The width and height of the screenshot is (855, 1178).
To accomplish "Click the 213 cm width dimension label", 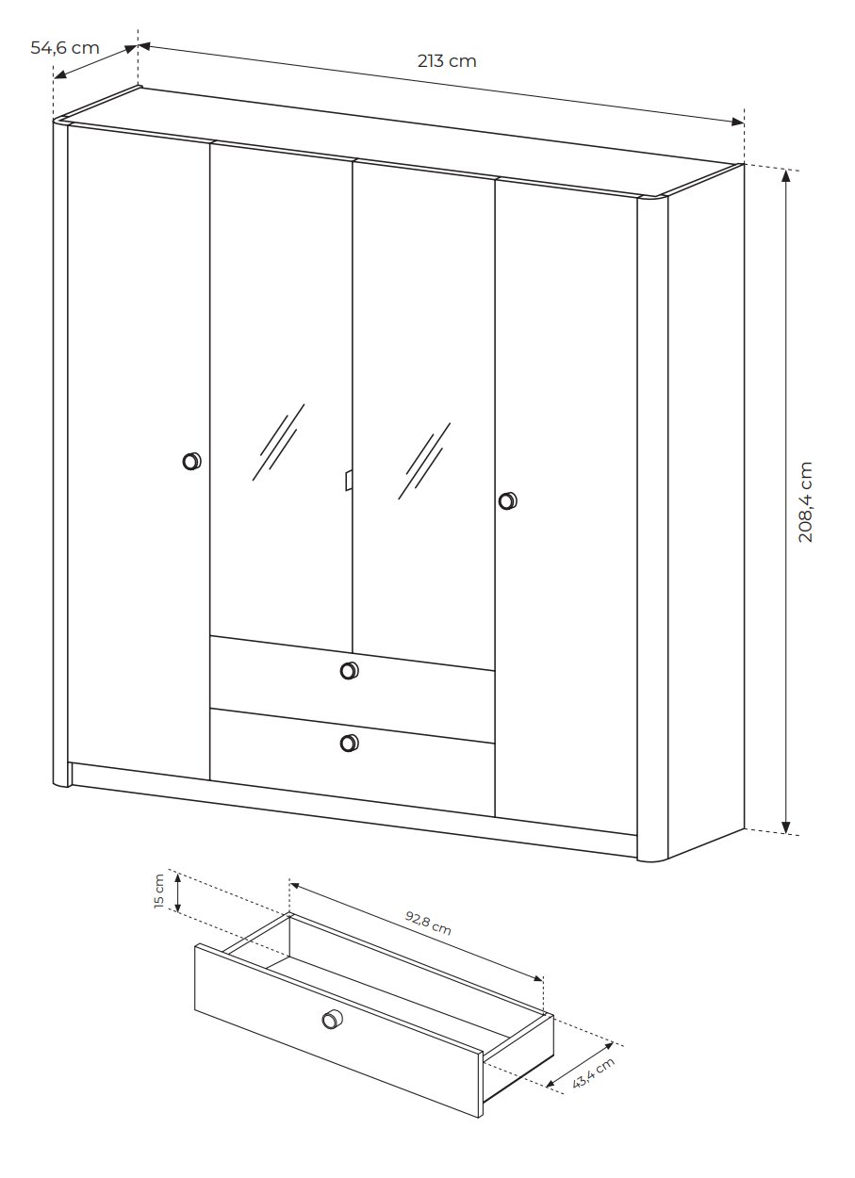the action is pyautogui.click(x=447, y=61).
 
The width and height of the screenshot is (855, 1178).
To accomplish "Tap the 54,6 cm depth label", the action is pyautogui.click(x=65, y=48).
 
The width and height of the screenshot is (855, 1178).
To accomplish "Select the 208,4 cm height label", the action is pyautogui.click(x=806, y=501).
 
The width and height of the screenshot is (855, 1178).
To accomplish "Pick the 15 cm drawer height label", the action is pyautogui.click(x=159, y=891).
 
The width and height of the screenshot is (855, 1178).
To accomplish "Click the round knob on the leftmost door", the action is pyautogui.click(x=191, y=461).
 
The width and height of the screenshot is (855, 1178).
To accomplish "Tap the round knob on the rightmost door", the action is pyautogui.click(x=507, y=500).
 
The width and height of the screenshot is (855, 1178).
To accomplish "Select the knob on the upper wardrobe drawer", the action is pyautogui.click(x=349, y=670).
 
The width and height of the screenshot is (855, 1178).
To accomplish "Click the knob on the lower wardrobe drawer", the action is pyautogui.click(x=349, y=744).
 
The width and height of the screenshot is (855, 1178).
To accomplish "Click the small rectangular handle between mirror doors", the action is pyautogui.click(x=348, y=480).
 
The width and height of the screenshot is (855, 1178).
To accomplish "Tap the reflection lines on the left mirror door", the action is pyautogui.click(x=278, y=442).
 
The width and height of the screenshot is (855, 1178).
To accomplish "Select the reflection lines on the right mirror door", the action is pyautogui.click(x=424, y=461).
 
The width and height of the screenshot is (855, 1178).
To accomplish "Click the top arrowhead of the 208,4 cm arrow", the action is pyautogui.click(x=786, y=175).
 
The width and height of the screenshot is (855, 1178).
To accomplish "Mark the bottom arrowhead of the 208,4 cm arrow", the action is pyautogui.click(x=786, y=827).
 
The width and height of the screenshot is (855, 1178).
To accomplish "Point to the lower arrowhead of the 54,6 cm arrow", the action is pyautogui.click(x=60, y=74).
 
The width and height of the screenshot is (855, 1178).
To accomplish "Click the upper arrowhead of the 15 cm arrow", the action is pyautogui.click(x=178, y=877).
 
